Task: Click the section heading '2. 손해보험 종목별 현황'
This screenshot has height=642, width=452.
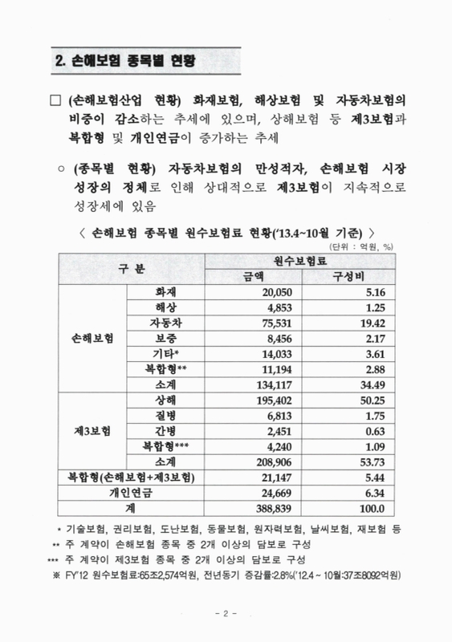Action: coord(128,60)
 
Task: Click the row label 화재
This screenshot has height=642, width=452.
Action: coord(165,293)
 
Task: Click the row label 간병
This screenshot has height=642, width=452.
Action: coord(165,431)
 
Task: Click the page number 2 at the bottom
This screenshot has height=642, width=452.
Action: coord(226,614)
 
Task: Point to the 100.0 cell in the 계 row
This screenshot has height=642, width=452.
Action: coord(370,508)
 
